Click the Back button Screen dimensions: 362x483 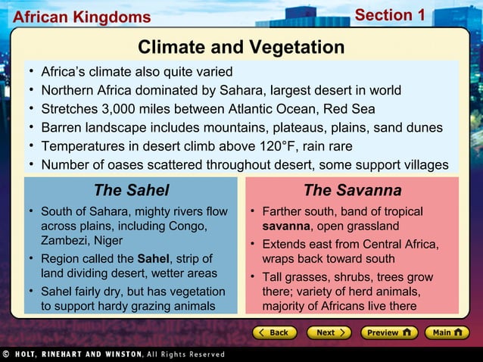274,332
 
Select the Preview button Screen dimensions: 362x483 388,332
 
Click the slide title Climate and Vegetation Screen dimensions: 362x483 241,48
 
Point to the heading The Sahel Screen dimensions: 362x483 131,190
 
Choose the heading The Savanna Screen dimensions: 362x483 352,190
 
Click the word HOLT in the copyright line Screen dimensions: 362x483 30,354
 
